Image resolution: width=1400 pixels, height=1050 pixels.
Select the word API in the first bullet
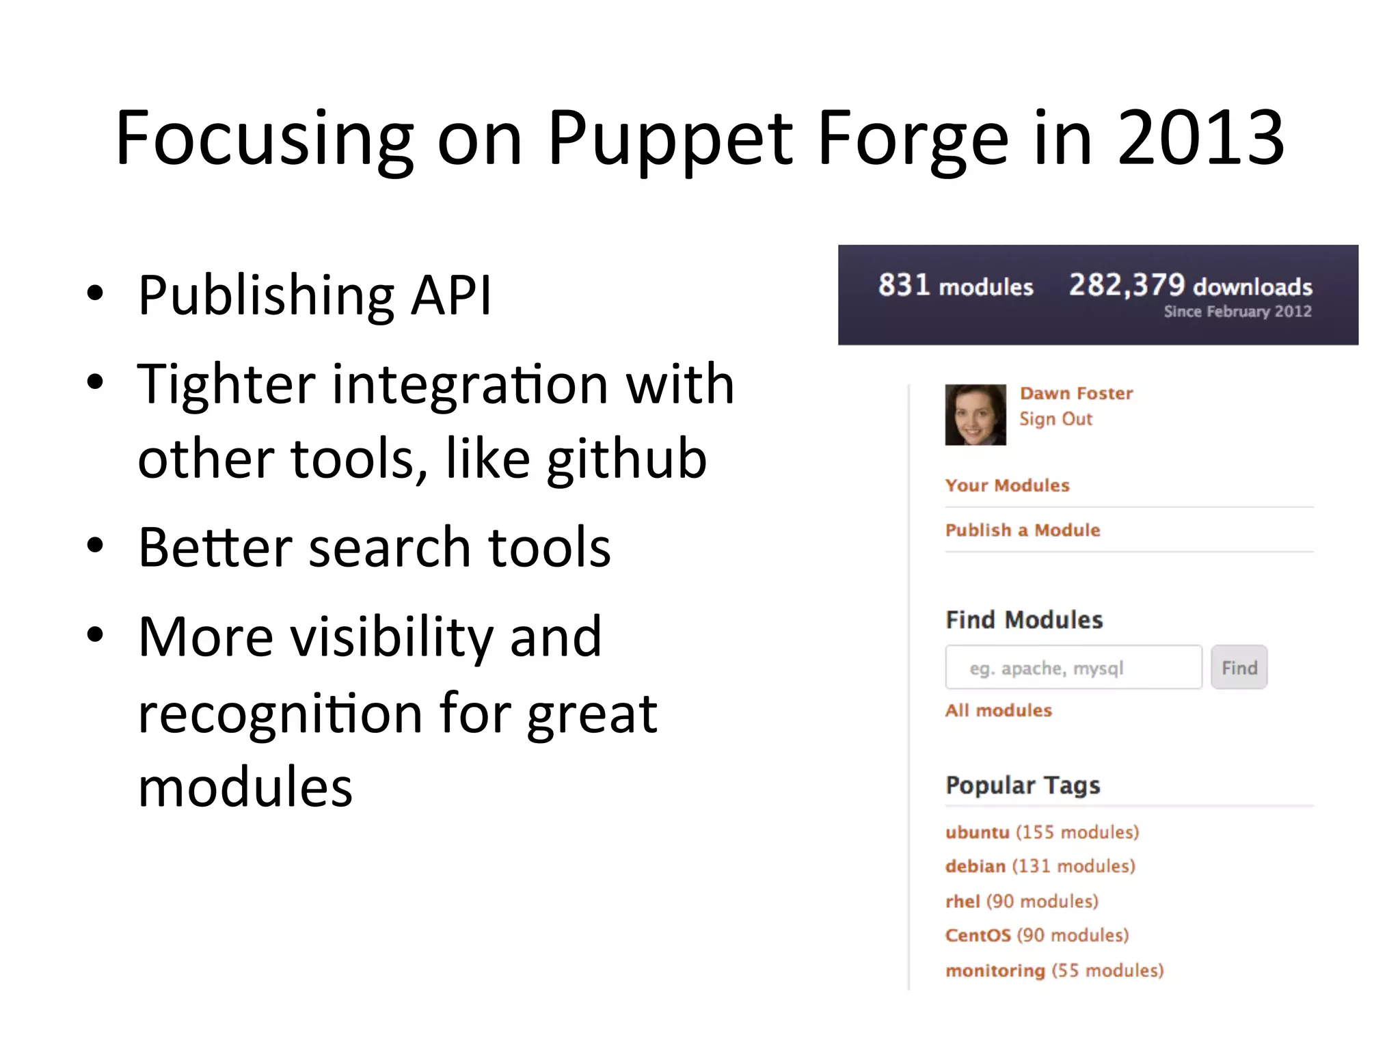[451, 295]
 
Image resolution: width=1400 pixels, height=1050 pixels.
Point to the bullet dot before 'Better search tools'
[95, 546]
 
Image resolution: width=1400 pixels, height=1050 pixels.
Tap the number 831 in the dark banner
[904, 285]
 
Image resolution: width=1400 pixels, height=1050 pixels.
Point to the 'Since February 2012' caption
[1237, 312]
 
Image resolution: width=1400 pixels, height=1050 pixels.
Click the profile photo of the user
[975, 415]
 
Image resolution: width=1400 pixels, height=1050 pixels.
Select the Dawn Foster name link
[1076, 393]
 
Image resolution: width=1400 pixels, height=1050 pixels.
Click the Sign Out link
[1055, 419]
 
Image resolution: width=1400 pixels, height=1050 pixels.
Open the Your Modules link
[1007, 485]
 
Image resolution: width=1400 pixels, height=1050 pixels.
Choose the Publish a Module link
[1023, 530]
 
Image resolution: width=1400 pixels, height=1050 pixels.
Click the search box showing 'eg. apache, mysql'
[1073, 668]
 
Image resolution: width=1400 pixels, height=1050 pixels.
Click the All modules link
[998, 711]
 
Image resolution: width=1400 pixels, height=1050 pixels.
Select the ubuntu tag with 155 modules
[978, 833]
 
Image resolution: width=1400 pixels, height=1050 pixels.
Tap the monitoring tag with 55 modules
[995, 971]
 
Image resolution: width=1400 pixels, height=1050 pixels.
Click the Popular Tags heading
[1023, 785]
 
